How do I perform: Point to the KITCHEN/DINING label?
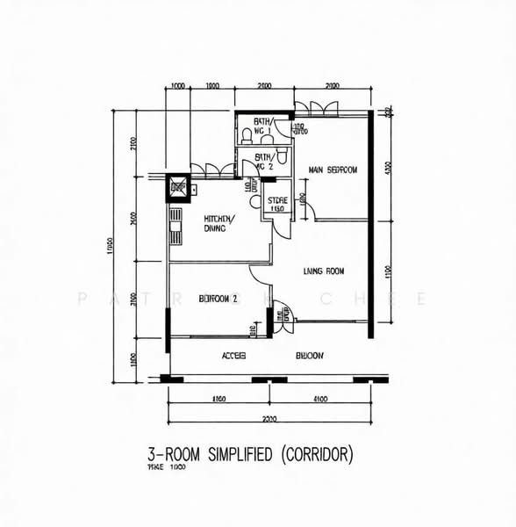[215, 223]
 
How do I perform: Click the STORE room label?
[277, 205]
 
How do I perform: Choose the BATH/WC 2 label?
[263, 161]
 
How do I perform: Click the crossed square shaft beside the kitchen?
[179, 187]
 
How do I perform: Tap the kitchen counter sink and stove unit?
[176, 227]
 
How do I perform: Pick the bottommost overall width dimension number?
[269, 419]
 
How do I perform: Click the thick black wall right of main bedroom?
[371, 224]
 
